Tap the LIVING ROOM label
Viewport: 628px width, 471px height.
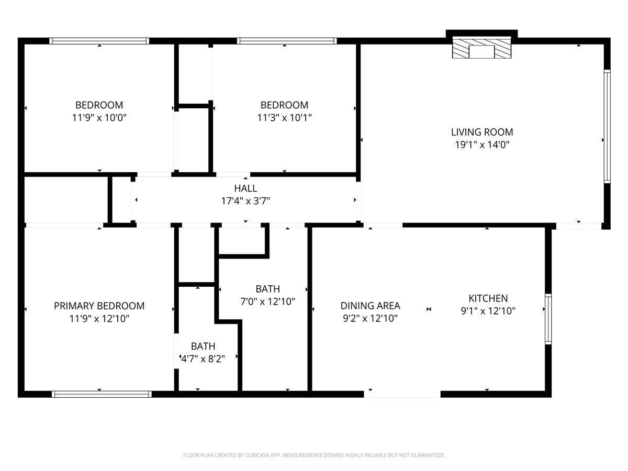(482, 132)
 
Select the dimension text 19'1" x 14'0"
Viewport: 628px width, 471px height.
(482, 145)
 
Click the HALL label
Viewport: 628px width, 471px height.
(245, 188)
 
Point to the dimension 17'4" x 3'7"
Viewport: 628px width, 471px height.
(245, 200)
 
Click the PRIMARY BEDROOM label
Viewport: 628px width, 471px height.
(99, 306)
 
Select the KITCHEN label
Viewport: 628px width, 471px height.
(488, 298)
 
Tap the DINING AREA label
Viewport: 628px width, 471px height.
(370, 306)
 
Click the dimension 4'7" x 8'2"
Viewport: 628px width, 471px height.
(203, 359)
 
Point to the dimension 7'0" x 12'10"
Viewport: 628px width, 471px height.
(267, 301)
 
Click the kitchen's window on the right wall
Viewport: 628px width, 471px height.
(548, 319)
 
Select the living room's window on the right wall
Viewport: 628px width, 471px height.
(607, 126)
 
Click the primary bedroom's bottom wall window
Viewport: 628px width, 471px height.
(102, 394)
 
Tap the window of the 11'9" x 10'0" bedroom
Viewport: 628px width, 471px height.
(99, 41)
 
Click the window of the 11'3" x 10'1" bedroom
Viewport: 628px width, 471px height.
(286, 41)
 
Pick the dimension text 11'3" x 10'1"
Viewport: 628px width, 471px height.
(284, 118)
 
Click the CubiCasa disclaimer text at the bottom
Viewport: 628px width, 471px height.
(314, 455)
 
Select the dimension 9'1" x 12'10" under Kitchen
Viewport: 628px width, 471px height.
(488, 311)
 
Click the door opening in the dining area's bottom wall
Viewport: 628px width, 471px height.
(402, 394)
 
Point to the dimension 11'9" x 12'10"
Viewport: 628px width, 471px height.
(99, 318)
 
